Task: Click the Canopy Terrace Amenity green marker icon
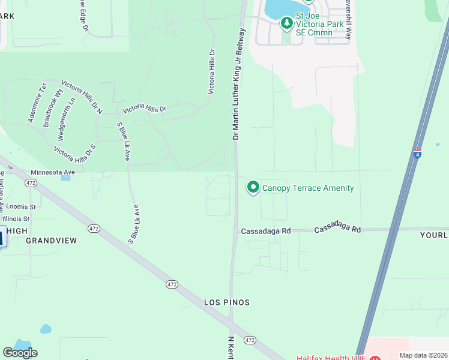click(253, 188)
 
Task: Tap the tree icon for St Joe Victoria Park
click(287, 23)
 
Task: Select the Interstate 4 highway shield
click(417, 154)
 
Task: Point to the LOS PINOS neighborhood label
click(226, 302)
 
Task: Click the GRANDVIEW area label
click(51, 241)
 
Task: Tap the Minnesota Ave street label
click(53, 172)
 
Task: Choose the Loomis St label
click(21, 206)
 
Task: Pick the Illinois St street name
click(19, 219)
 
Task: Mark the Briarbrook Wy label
click(53, 107)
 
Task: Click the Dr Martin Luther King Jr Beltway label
click(239, 84)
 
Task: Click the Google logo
click(20, 353)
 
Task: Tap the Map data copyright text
click(423, 355)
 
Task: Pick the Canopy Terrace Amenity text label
click(308, 188)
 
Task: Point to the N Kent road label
click(231, 348)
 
